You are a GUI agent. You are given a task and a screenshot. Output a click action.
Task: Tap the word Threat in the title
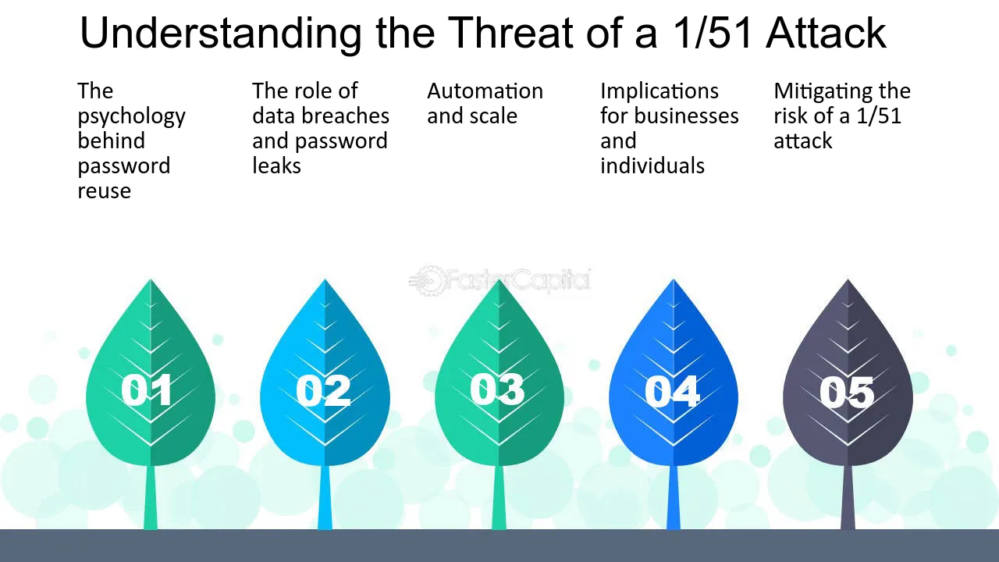(x=510, y=33)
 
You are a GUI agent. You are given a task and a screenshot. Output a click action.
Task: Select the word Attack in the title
(x=826, y=33)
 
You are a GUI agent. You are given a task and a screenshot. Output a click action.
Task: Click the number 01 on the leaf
(x=147, y=389)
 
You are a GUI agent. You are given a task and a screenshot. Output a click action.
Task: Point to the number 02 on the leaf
(x=323, y=390)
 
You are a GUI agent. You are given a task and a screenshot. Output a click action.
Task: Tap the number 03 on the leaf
(x=497, y=389)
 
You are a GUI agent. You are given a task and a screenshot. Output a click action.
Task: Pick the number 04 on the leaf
(x=672, y=391)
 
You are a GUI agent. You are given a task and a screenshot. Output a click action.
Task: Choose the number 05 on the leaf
(x=847, y=392)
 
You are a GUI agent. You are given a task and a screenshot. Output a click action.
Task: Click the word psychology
(x=132, y=117)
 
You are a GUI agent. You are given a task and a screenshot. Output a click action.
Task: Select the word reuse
(x=105, y=191)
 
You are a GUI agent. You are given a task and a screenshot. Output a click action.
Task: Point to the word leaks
(x=276, y=165)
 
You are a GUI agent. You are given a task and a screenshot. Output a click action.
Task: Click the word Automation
(x=485, y=91)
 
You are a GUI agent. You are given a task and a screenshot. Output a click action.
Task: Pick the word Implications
(x=659, y=92)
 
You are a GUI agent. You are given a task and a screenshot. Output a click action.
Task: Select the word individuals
(x=652, y=165)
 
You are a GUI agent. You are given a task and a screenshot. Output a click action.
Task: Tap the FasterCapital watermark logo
(x=500, y=281)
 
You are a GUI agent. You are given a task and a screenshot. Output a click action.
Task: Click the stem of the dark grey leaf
(x=848, y=497)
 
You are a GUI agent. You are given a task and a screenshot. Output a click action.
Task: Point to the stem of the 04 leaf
(x=674, y=497)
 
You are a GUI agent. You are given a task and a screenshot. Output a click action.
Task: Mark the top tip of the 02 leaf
(x=325, y=279)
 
